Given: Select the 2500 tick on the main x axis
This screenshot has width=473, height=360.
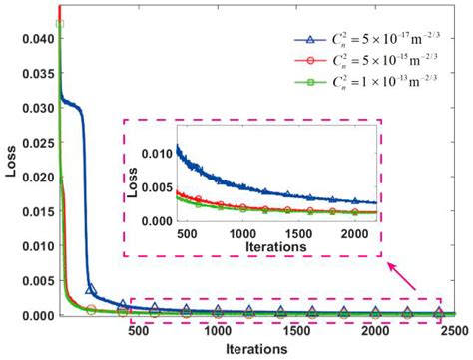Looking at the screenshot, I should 453,329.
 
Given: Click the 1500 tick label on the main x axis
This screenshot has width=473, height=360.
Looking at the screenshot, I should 296,329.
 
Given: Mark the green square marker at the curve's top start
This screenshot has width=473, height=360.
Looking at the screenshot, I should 60,24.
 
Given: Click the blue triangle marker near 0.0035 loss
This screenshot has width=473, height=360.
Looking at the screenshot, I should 92,290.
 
